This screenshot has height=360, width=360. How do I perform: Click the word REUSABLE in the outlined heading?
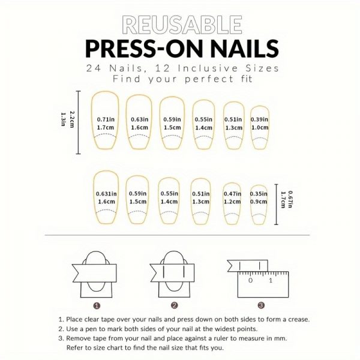coord(182,25)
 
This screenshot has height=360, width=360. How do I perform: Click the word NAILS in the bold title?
coord(245,49)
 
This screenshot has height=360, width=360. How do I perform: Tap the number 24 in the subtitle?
coord(94,68)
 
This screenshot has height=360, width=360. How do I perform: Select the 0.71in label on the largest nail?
coord(106,119)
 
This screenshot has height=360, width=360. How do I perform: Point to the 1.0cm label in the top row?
coord(260,127)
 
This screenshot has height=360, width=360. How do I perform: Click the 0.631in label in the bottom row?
coord(106,194)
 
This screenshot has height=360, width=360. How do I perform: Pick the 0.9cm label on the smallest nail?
coord(259,202)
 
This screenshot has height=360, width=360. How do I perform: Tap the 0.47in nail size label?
coord(232,194)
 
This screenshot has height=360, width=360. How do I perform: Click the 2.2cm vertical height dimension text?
coord(72,119)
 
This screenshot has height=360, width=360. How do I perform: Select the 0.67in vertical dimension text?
coord(290,199)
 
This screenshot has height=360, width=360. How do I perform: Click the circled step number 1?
coord(97,305)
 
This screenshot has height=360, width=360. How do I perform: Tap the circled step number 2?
coord(174,305)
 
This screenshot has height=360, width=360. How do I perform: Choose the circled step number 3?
coord(261,305)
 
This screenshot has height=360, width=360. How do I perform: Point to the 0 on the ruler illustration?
coord(250,280)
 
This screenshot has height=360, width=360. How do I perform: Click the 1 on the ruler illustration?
coord(271,280)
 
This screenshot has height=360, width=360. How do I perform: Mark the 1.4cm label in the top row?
coord(203,128)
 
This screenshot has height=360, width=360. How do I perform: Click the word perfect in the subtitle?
coord(209,79)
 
